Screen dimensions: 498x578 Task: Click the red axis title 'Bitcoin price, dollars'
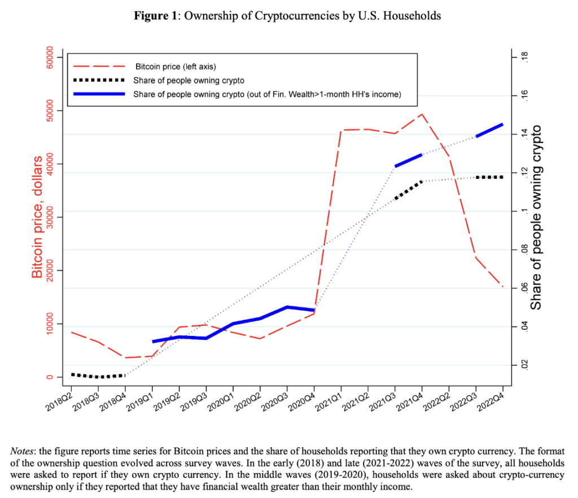(x=37, y=217)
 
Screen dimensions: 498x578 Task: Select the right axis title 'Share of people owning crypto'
(x=536, y=217)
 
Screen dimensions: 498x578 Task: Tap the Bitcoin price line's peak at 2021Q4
(x=421, y=114)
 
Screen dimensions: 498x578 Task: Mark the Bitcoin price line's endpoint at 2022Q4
(x=502, y=286)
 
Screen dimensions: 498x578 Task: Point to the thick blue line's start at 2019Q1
(x=153, y=342)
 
